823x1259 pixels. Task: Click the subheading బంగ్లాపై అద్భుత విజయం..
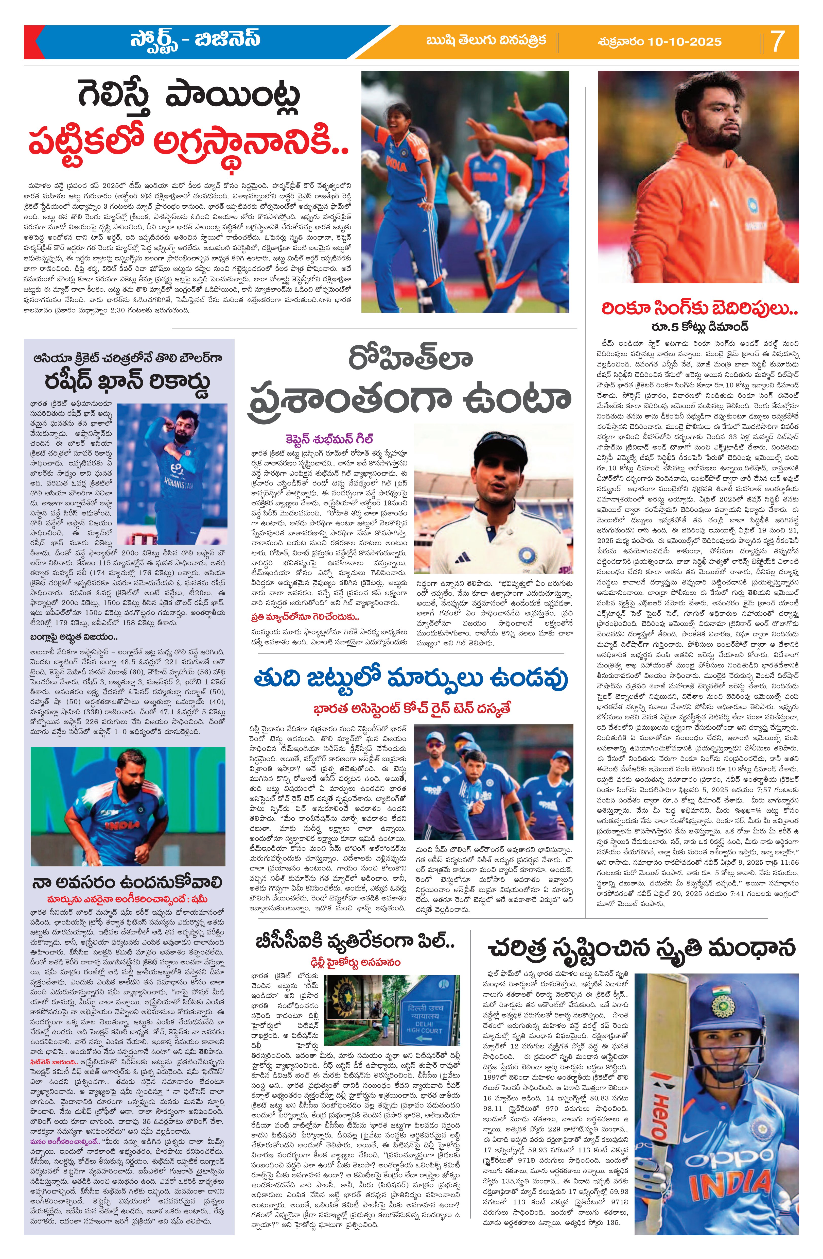[x=74, y=636]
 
